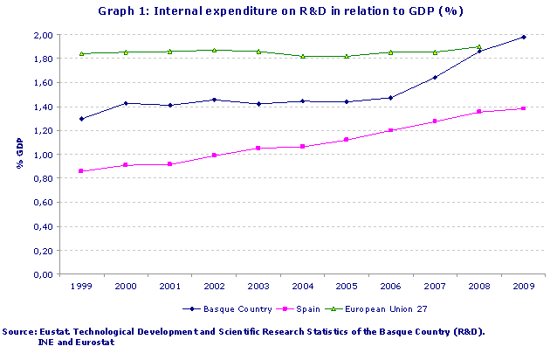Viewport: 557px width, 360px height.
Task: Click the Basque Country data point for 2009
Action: click(523, 37)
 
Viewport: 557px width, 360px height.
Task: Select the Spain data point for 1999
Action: click(81, 171)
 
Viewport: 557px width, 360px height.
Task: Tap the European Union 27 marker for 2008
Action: click(478, 47)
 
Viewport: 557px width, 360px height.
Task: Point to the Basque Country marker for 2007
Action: click(435, 78)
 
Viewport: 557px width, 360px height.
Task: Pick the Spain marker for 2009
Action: click(523, 108)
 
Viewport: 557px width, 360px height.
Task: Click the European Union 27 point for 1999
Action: click(81, 53)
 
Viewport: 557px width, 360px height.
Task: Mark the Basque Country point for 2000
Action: click(126, 103)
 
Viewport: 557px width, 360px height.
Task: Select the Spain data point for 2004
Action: click(302, 147)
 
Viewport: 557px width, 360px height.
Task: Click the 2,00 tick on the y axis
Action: click(43, 35)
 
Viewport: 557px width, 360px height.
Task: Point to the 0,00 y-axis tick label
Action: click(43, 274)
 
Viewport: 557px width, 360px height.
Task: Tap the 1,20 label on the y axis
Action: click(43, 131)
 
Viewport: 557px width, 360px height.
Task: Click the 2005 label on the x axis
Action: click(347, 286)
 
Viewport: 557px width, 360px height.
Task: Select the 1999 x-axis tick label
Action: click(81, 286)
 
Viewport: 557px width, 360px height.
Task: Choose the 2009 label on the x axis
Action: click(523, 286)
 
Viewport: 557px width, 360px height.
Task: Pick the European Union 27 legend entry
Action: click(383, 309)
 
